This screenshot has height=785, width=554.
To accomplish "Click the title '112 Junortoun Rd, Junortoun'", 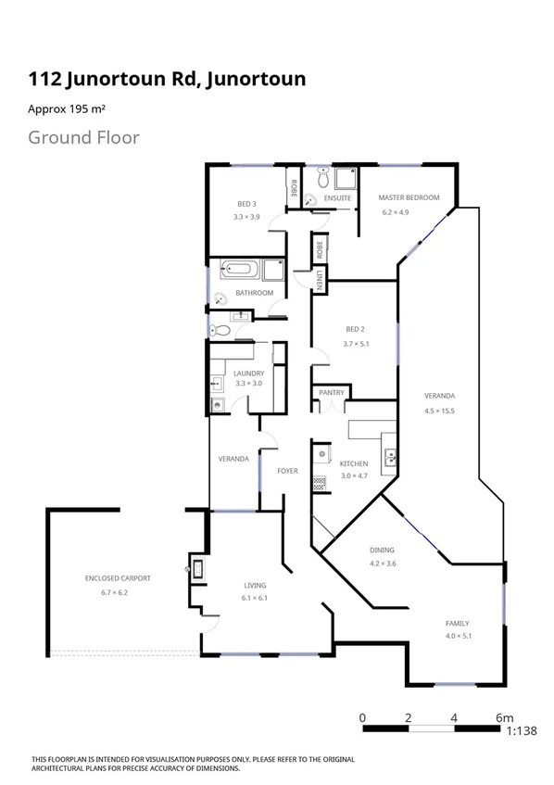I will [167, 80].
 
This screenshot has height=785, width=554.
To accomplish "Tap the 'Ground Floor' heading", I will [83, 138].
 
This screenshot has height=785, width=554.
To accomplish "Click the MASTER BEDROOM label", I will [407, 197].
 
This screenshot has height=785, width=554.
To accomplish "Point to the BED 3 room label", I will [246, 204].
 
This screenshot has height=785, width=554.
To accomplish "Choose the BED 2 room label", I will [356, 330].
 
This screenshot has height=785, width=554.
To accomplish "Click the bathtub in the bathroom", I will [241, 271].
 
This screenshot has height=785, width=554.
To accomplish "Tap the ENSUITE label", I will [337, 198].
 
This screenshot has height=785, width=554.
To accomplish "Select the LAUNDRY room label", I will [248, 374].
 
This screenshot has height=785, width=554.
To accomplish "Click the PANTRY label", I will [332, 393].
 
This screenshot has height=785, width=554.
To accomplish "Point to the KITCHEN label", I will [353, 463].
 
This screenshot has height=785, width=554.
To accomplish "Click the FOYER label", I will [287, 471].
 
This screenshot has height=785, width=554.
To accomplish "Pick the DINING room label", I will [382, 550].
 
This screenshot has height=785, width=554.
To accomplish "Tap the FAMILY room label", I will [457, 623].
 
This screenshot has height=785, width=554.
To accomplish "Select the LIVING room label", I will [255, 586].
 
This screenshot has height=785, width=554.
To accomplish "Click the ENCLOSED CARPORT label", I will [117, 578].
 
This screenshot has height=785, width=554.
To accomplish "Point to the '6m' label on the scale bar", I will [504, 716].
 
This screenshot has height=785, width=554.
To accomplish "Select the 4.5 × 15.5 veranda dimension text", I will [439, 410].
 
